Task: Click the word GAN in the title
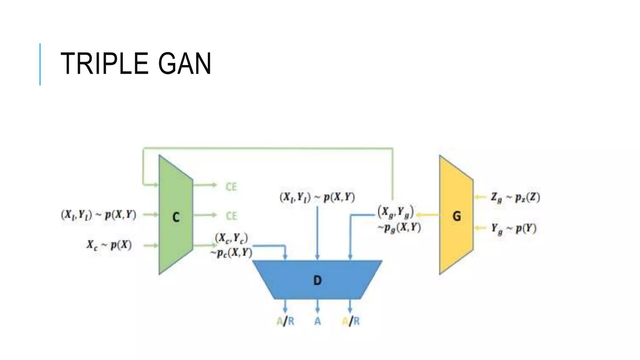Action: click(185, 64)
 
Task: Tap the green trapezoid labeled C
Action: click(176, 216)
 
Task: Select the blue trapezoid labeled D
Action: click(317, 280)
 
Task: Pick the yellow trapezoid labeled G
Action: click(456, 216)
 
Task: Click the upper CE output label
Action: click(231, 187)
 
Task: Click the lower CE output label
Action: click(231, 216)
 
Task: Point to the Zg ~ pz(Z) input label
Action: click(515, 197)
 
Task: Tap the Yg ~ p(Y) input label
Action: click(513, 229)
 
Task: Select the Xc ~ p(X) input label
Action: click(109, 245)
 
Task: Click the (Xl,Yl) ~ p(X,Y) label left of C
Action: click(98, 215)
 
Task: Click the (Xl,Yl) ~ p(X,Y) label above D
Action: click(317, 197)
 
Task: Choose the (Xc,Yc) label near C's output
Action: click(231, 238)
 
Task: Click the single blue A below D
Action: click(317, 321)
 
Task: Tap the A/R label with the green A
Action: click(285, 321)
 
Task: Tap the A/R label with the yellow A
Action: click(351, 321)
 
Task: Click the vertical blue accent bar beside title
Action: click(40, 64)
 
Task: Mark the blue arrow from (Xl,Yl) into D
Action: click(317, 233)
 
